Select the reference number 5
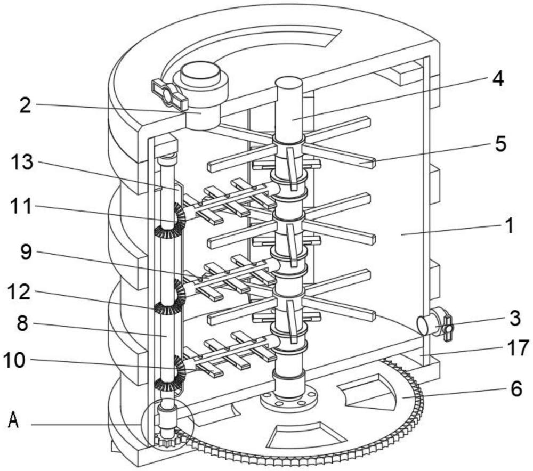click(500, 144)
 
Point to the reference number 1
click(509, 225)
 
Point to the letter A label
click(14, 423)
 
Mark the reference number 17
click(515, 348)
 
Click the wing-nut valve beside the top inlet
click(169, 95)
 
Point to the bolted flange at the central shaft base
click(288, 397)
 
